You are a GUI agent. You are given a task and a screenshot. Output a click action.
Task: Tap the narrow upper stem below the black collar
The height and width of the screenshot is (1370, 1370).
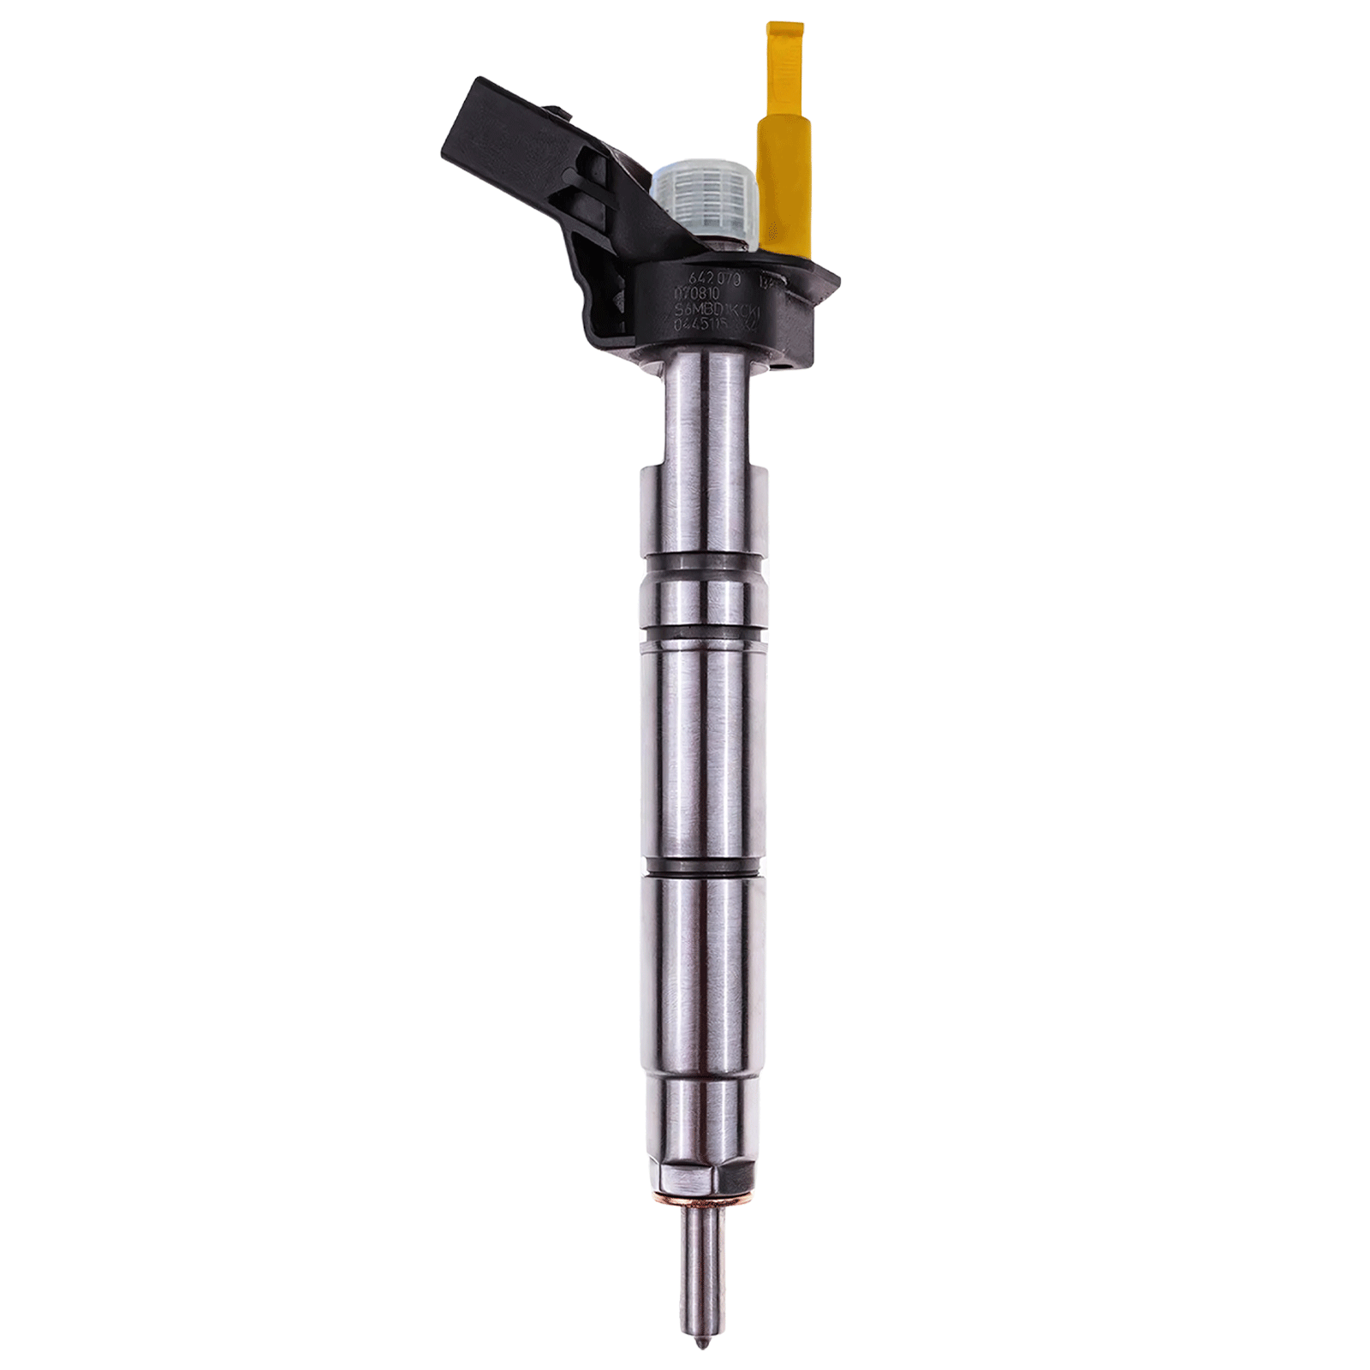707,411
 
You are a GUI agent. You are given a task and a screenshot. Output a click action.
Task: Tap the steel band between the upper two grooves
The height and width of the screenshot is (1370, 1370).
703,599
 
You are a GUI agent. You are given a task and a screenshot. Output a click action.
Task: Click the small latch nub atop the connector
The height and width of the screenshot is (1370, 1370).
560,111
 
